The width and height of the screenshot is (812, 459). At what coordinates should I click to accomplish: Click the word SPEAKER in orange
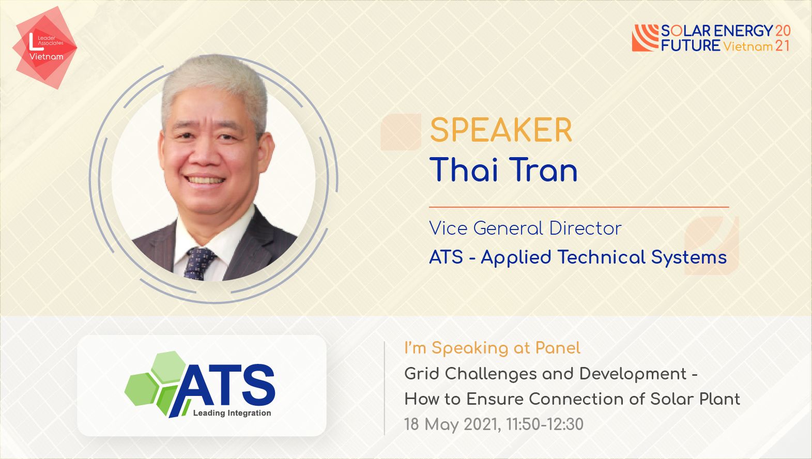(x=501, y=130)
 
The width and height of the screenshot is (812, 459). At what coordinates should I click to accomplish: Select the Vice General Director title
(x=525, y=228)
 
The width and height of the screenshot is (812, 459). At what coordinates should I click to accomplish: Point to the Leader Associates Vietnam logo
(x=45, y=47)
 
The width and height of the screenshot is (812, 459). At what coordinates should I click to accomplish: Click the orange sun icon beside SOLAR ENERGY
(x=645, y=38)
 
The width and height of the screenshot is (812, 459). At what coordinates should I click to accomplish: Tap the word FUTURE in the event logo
(x=691, y=45)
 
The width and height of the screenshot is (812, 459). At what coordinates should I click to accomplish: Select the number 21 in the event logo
(x=782, y=45)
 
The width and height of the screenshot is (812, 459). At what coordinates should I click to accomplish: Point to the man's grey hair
(x=214, y=85)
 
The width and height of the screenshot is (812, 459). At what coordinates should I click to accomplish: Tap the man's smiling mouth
(x=205, y=180)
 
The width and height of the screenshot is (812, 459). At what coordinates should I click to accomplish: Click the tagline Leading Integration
(x=232, y=413)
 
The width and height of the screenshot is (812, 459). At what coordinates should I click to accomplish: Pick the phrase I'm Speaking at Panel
(x=492, y=348)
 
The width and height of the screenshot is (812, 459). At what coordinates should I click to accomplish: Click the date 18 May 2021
(x=453, y=424)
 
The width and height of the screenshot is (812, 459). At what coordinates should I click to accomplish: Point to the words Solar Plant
(x=695, y=399)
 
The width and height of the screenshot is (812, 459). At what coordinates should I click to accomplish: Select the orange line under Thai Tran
(x=579, y=207)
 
